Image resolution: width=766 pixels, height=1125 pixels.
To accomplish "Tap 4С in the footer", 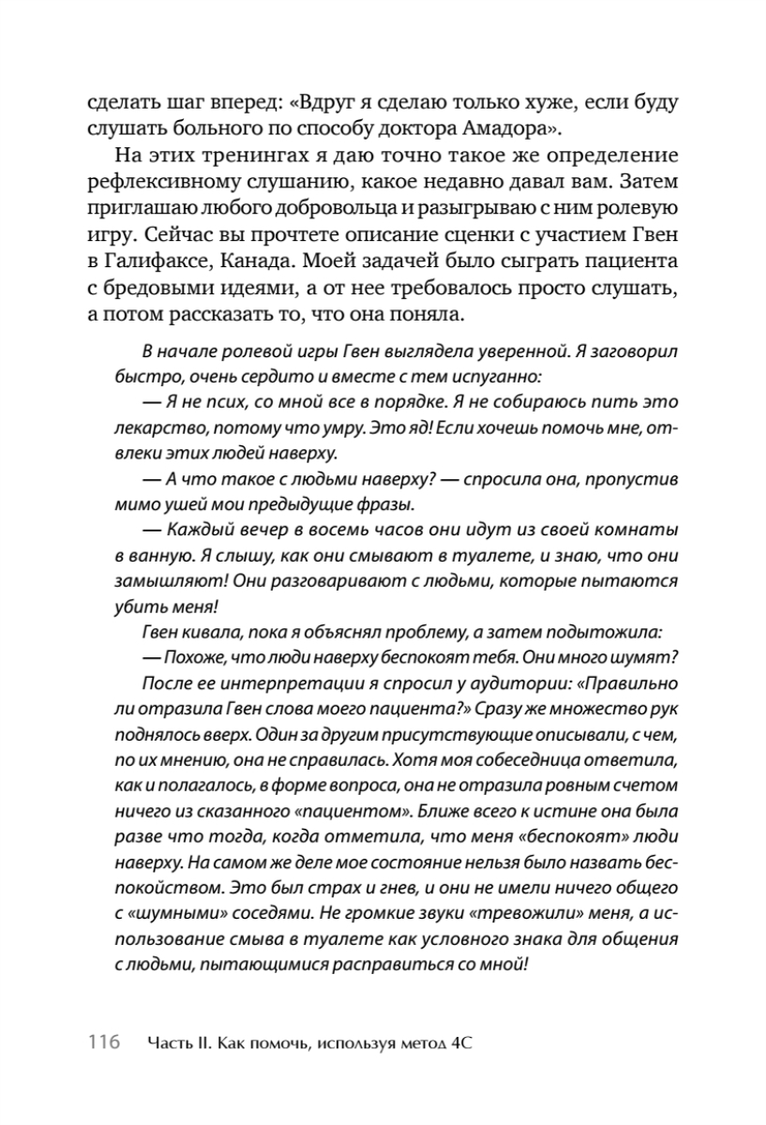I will coord(461,1042).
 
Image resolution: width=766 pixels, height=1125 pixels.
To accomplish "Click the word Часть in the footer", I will coord(173,1042).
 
